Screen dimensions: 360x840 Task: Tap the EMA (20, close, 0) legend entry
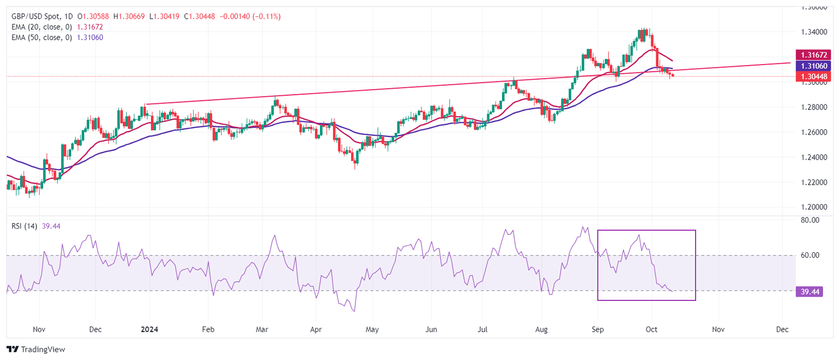pyautogui.click(x=40, y=27)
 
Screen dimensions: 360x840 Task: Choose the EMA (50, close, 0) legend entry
pyautogui.click(x=40, y=37)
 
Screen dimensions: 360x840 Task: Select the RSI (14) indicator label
pyautogui.click(x=24, y=227)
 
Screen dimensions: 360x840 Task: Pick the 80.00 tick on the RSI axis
pyautogui.click(x=810, y=220)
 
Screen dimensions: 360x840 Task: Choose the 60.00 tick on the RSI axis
pyautogui.click(x=810, y=256)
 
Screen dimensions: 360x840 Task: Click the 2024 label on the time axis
pyautogui.click(x=149, y=330)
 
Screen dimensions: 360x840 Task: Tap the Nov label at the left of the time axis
pyautogui.click(x=39, y=330)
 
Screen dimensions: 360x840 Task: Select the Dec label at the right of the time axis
pyautogui.click(x=783, y=330)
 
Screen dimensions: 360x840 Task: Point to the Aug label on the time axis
pyautogui.click(x=541, y=330)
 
